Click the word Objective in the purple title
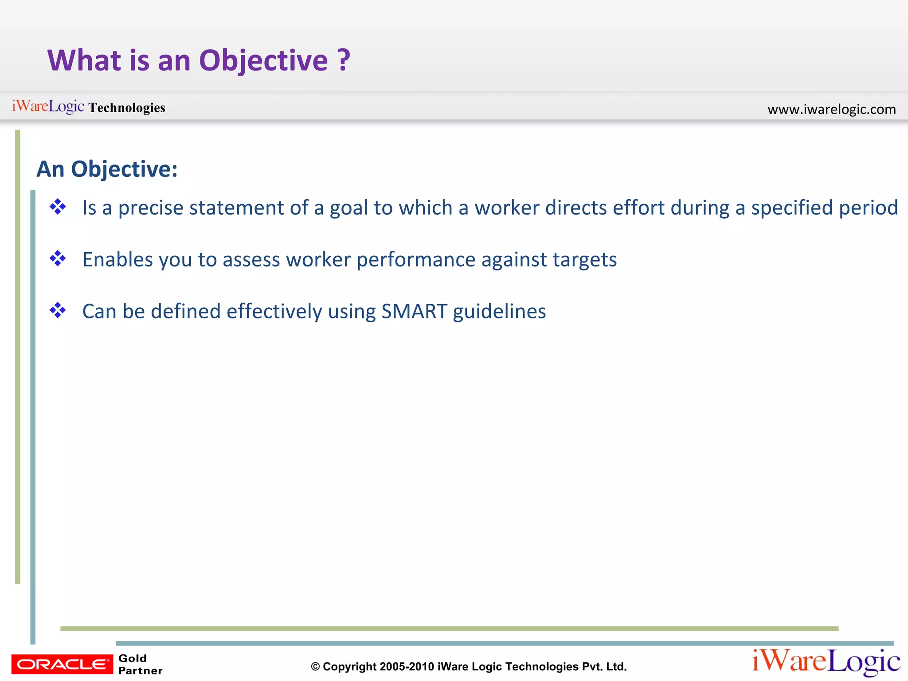[x=263, y=61]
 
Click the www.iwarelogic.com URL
[x=831, y=109]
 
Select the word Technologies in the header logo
[x=127, y=108]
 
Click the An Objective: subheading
[x=107, y=169]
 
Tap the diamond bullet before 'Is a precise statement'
[x=58, y=207]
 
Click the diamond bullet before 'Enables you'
[x=58, y=258]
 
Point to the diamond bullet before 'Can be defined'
[x=58, y=310]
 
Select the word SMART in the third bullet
[x=414, y=311]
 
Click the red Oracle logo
[x=62, y=664]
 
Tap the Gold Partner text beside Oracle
[x=140, y=664]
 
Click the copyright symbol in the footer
[x=315, y=667]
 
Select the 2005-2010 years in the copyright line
[x=407, y=667]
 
